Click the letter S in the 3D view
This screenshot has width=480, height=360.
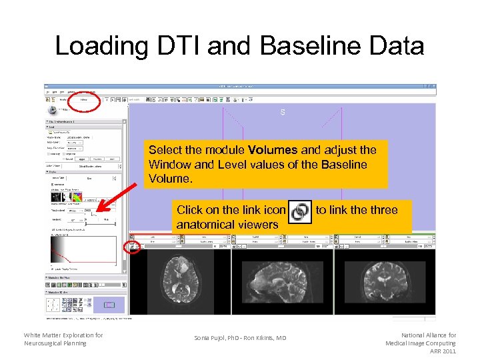(x=283, y=113)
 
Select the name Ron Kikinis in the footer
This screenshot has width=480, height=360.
(x=261, y=338)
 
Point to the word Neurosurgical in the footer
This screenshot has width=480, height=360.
(x=47, y=343)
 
